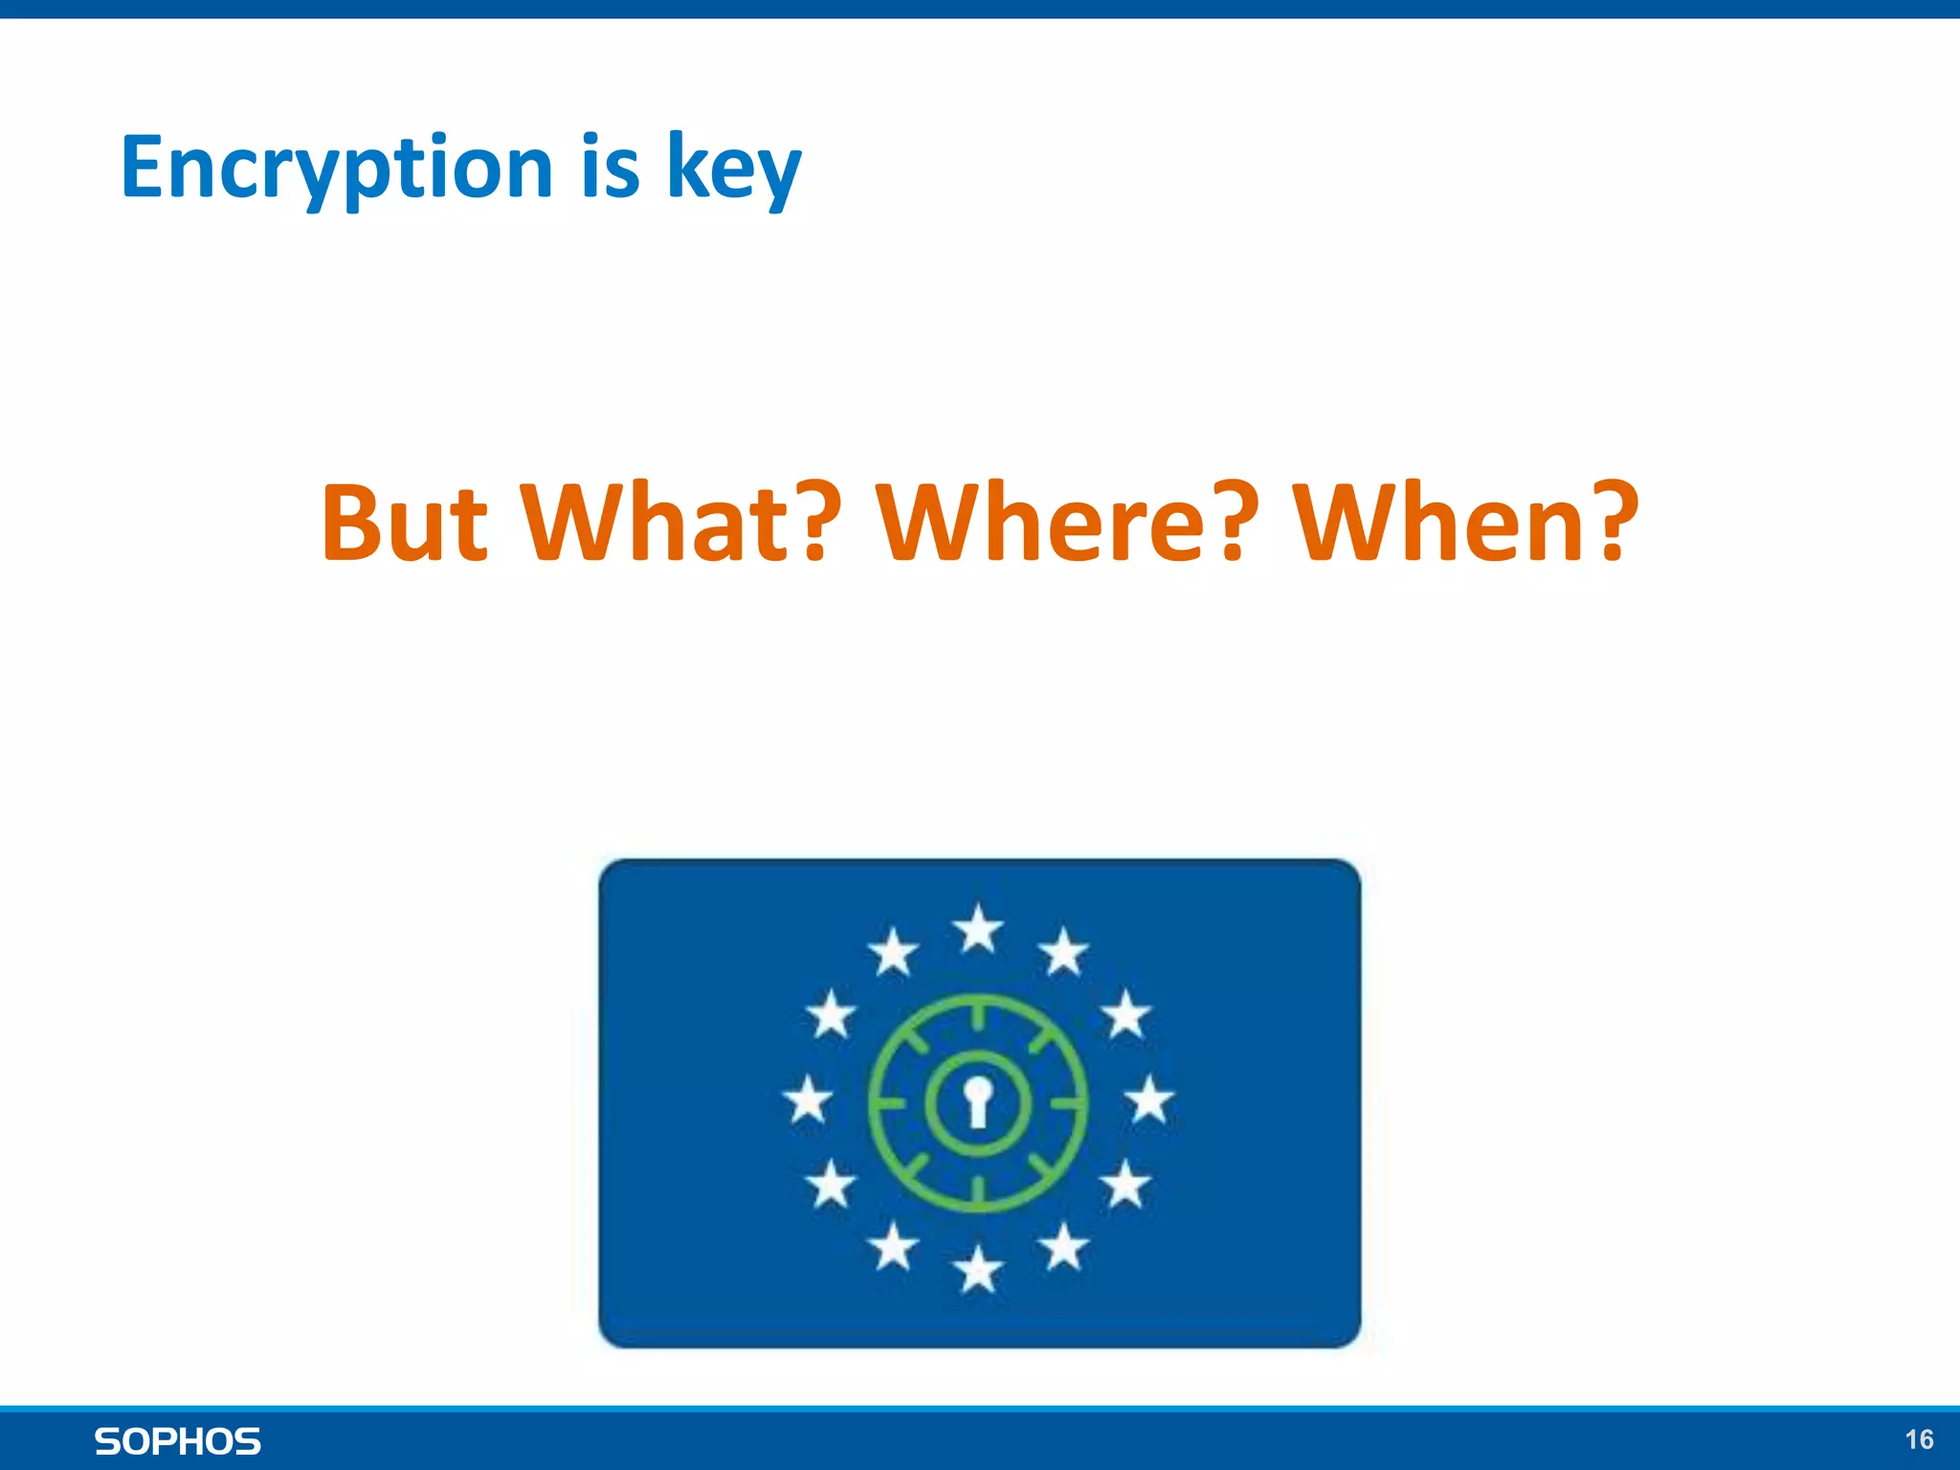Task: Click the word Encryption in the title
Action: (337, 167)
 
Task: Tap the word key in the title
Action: (733, 167)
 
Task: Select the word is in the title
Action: (610, 167)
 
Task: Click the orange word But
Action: (404, 523)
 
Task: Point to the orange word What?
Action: (681, 523)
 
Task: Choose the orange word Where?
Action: (1063, 523)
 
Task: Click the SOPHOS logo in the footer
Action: (178, 1441)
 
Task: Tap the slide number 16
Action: (1918, 1439)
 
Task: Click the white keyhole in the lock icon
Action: (977, 1101)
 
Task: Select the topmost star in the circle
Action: (978, 928)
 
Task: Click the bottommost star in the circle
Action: (978, 1271)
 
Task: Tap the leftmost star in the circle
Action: (808, 1099)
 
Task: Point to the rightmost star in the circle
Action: (1148, 1099)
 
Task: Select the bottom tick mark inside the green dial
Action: (978, 1190)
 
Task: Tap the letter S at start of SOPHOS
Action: (107, 1441)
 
